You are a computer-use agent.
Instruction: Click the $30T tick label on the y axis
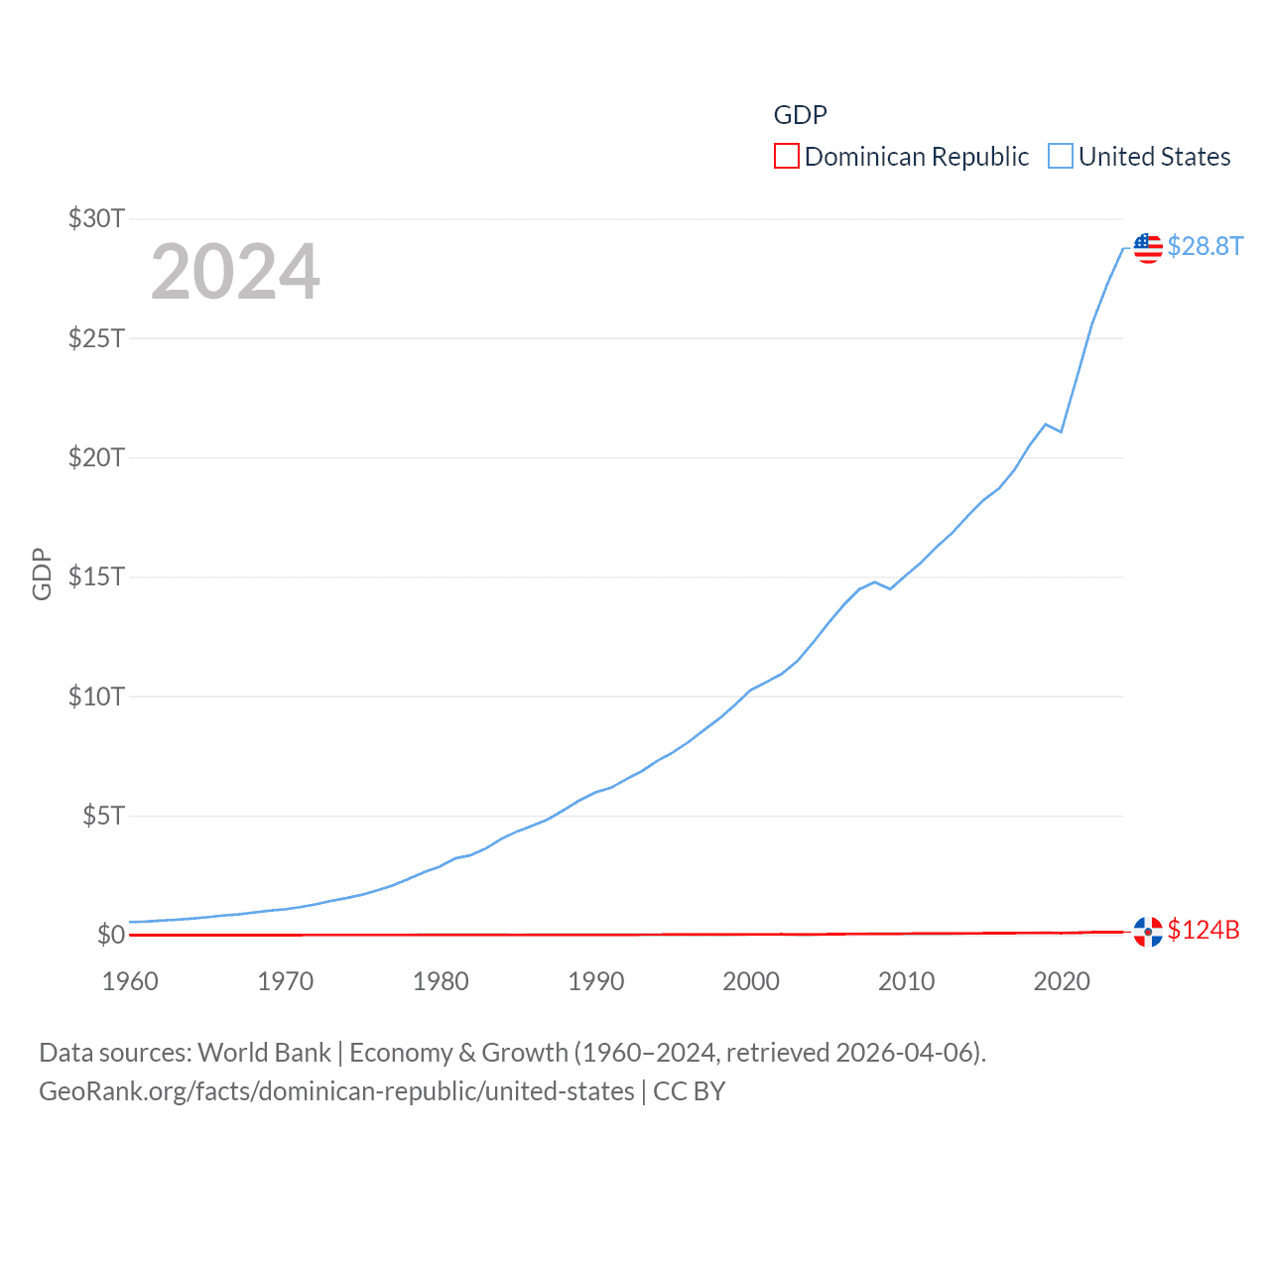(96, 218)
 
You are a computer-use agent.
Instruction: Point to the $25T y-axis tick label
(96, 338)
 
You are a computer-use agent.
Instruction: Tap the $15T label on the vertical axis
(96, 576)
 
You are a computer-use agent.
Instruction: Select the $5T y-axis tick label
(102, 816)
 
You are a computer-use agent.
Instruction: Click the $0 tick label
(110, 935)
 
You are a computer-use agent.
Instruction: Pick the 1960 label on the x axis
(130, 981)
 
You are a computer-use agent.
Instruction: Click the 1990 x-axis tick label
(595, 981)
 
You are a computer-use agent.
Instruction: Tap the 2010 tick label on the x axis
(906, 981)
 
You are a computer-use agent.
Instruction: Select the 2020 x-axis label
(1062, 981)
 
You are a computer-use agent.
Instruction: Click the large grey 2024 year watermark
(235, 272)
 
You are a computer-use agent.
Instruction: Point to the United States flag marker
(1148, 247)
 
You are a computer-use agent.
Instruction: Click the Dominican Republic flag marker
(1148, 932)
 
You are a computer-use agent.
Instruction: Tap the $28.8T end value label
(1205, 246)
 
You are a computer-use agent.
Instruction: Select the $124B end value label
(1204, 930)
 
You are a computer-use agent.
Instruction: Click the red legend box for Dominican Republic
(787, 157)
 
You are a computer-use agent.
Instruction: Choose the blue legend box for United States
(1061, 157)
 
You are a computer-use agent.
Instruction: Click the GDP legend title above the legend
(800, 115)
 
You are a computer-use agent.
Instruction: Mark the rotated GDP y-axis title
(42, 573)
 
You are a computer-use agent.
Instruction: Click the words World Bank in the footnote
(264, 1053)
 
